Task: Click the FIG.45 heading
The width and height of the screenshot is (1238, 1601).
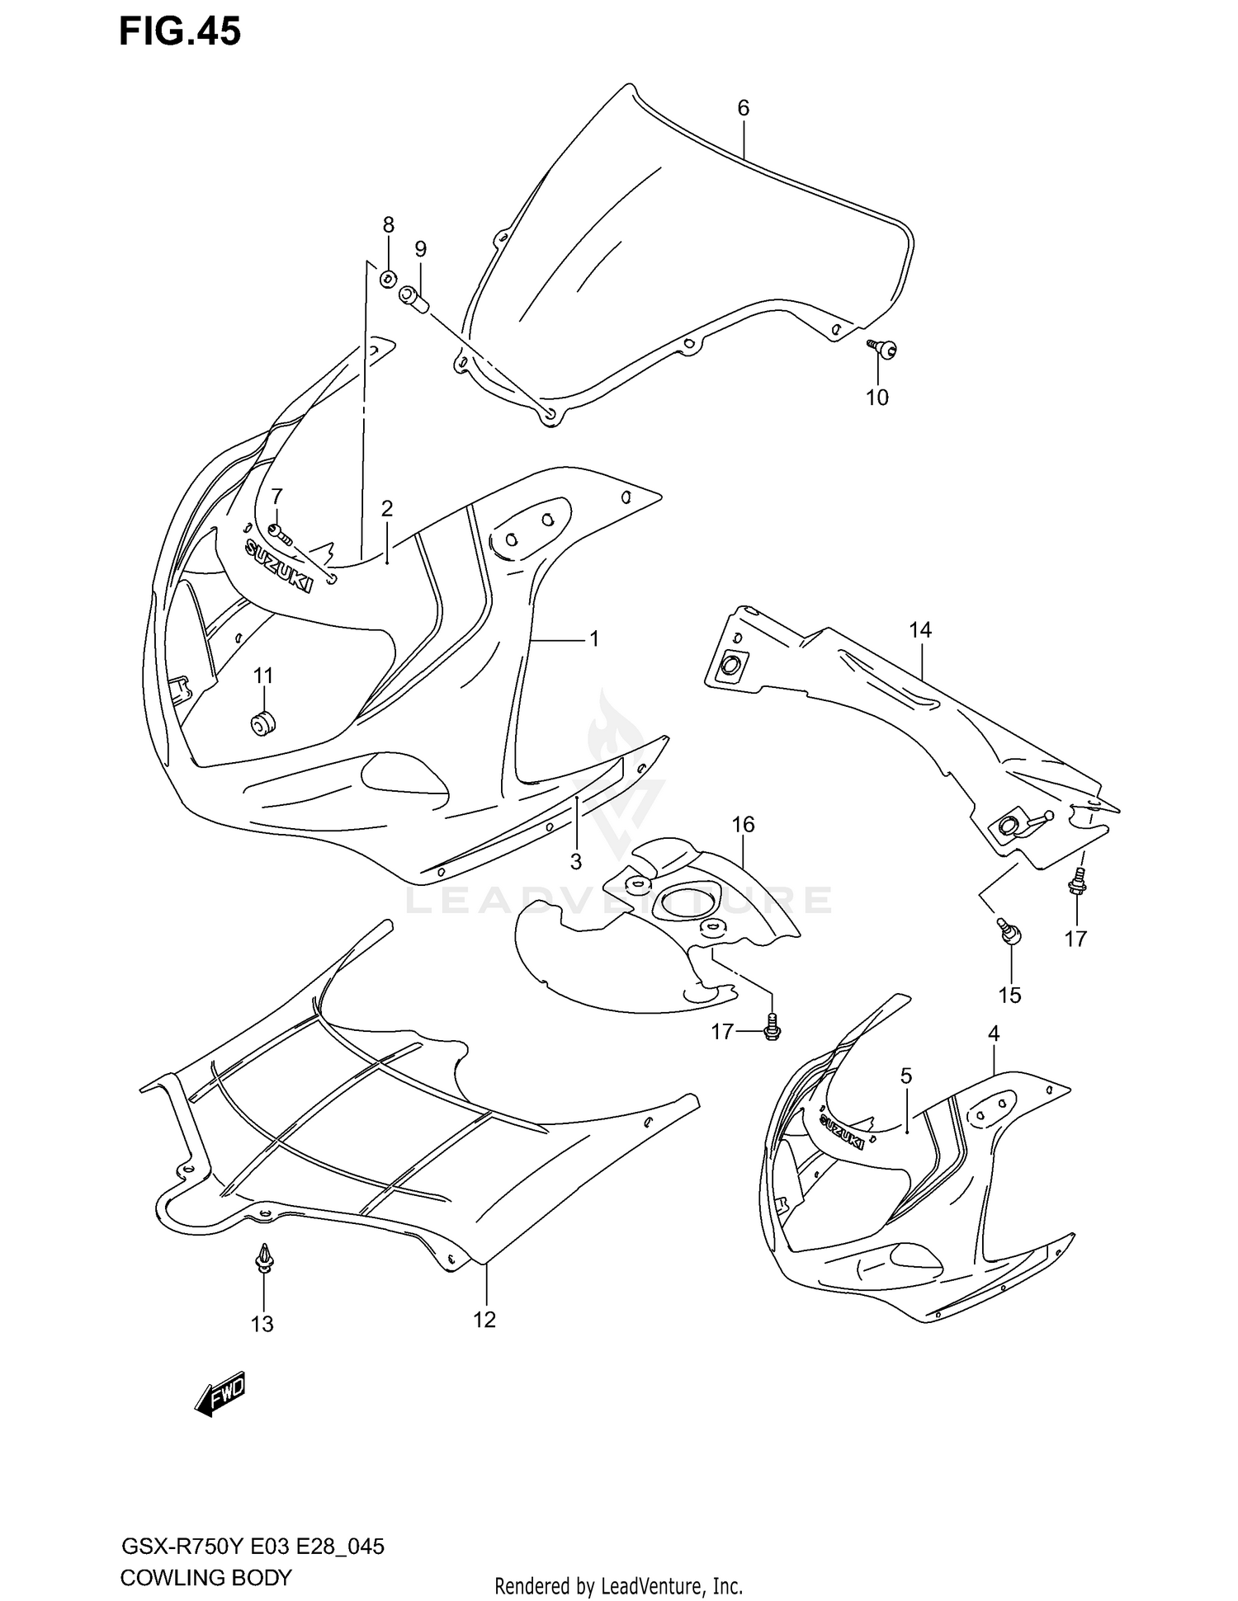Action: pyautogui.click(x=180, y=31)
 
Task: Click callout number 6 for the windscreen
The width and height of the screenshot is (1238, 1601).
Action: pyautogui.click(x=743, y=108)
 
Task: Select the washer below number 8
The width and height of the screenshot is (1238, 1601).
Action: pyautogui.click(x=388, y=279)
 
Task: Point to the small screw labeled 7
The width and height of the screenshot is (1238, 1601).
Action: pyautogui.click(x=280, y=534)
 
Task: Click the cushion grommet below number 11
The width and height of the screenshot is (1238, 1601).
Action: pyautogui.click(x=262, y=725)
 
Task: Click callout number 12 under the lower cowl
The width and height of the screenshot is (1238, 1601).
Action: pyautogui.click(x=484, y=1320)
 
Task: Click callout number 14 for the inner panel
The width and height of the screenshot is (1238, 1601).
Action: pyautogui.click(x=920, y=630)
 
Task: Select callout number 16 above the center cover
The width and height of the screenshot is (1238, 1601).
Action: pyautogui.click(x=743, y=824)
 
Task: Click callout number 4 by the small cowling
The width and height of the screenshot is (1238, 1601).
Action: pyautogui.click(x=994, y=1033)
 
